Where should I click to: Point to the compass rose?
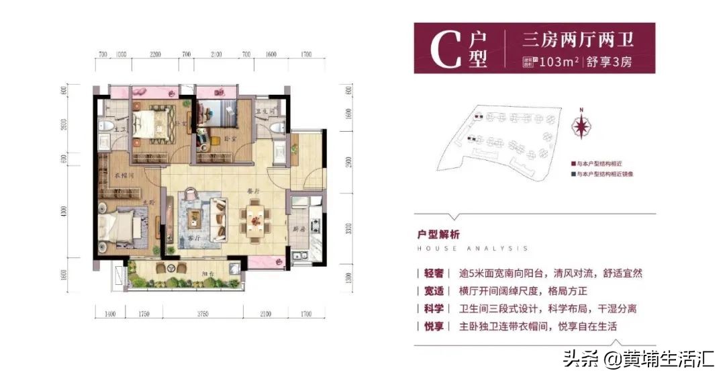[x=582, y=126]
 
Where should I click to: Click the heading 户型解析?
[x=438, y=235]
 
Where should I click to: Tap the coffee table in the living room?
[x=195, y=216]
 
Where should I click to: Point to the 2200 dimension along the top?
[x=156, y=53]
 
